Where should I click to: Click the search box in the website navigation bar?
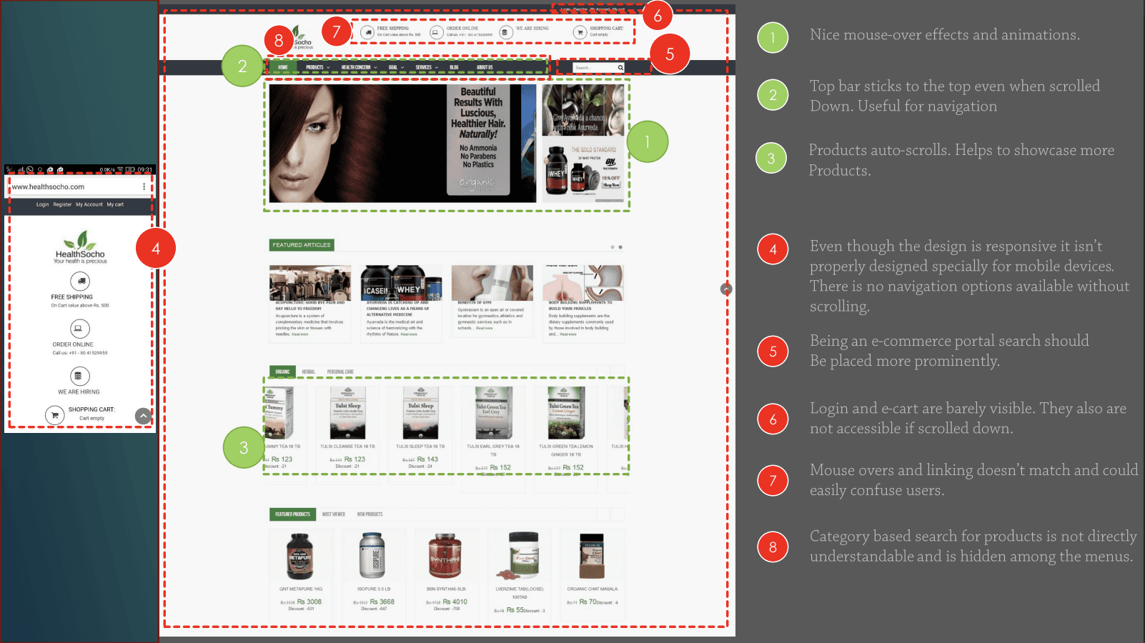(x=595, y=68)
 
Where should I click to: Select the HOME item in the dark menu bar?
(x=283, y=67)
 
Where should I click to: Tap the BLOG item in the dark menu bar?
(x=454, y=67)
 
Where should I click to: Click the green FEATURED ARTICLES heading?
(x=302, y=245)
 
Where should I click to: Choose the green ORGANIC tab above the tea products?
(x=283, y=372)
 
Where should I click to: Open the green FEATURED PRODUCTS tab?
(x=293, y=514)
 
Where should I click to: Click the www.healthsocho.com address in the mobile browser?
(x=49, y=187)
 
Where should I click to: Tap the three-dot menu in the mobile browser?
(x=144, y=186)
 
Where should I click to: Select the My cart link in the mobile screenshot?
(x=115, y=204)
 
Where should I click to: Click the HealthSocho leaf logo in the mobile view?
(x=81, y=241)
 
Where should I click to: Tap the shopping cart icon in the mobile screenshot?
(x=55, y=415)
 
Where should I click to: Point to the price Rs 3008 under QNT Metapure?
(x=309, y=602)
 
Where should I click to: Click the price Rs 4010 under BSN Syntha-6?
(x=455, y=602)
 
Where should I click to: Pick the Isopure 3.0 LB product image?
(x=372, y=555)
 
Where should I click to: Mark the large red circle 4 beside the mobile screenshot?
(x=155, y=248)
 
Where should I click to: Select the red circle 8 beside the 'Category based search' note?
(x=773, y=547)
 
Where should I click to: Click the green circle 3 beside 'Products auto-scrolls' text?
(x=771, y=159)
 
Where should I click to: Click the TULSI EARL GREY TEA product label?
(x=493, y=447)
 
